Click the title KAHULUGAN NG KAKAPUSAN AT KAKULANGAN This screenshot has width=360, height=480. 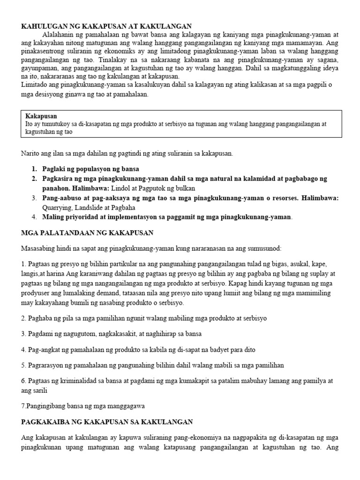(107, 27)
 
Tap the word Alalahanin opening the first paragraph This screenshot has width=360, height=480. (59, 35)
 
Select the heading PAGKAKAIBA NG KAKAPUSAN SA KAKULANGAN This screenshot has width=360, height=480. (107, 422)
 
